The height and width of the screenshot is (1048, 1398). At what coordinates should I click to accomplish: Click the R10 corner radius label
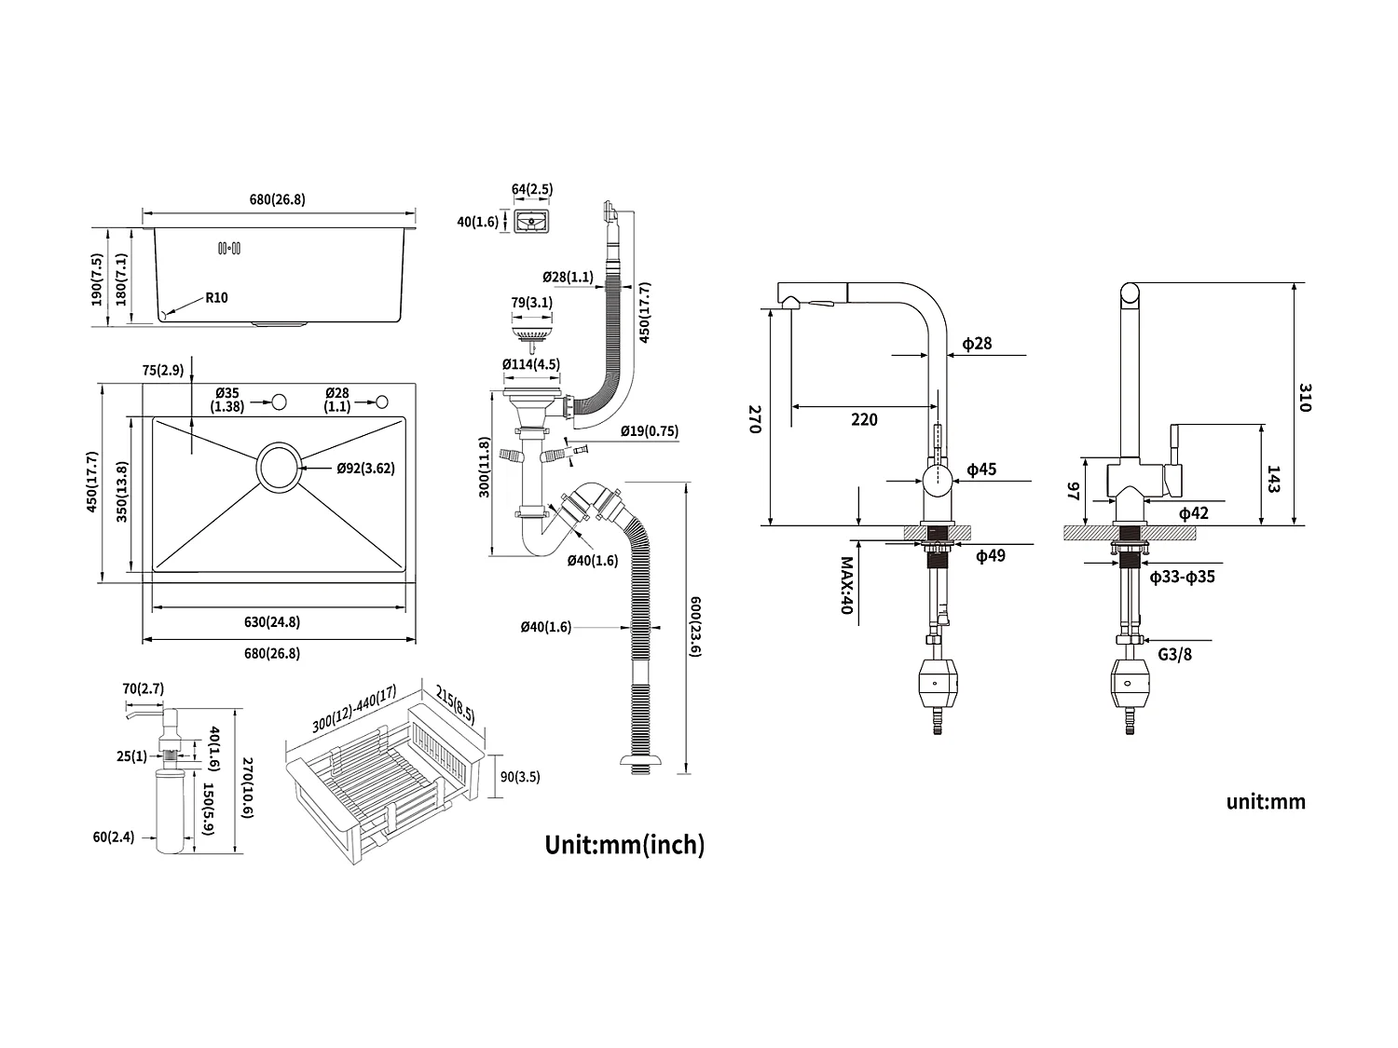[x=216, y=298]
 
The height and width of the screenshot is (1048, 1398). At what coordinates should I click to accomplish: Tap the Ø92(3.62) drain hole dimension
[x=365, y=469]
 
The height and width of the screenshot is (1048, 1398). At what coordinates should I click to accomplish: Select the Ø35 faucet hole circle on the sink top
[x=278, y=402]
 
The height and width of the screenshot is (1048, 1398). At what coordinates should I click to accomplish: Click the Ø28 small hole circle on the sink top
[x=381, y=402]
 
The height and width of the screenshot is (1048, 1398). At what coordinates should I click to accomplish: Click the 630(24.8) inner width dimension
[x=272, y=622]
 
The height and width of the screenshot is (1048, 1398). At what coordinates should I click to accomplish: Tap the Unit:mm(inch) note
[x=624, y=845]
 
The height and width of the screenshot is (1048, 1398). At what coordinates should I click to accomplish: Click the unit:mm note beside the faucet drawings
[x=1266, y=802]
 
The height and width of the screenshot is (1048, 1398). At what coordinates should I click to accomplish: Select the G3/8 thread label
[x=1174, y=654]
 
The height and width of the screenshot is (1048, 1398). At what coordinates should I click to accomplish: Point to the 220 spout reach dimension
[x=864, y=420]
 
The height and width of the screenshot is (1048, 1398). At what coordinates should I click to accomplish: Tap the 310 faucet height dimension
[x=1304, y=399]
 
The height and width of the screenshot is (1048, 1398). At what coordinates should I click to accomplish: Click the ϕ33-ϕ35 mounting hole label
[x=1182, y=578]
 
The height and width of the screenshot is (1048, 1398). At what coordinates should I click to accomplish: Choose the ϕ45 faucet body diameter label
[x=981, y=470]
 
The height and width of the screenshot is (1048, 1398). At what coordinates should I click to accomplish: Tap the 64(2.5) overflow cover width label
[x=532, y=190]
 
